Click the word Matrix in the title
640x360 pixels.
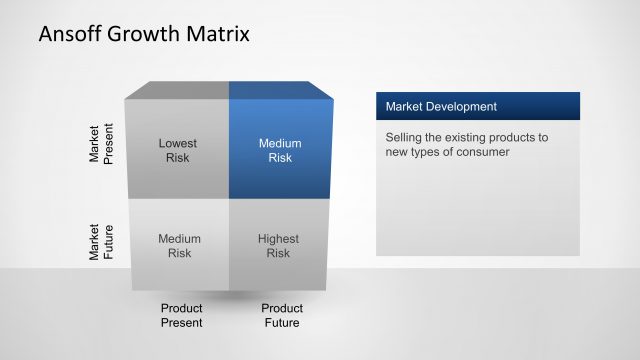point(218,35)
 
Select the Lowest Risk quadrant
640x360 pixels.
point(178,150)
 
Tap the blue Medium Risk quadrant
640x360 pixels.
point(280,150)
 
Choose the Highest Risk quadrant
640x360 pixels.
point(279,246)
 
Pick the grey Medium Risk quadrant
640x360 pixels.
point(179,246)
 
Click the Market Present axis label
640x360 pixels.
point(102,145)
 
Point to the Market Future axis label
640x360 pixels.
point(102,242)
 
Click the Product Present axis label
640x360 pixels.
point(181,315)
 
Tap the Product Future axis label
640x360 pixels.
point(282,315)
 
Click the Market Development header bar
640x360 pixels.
point(477,106)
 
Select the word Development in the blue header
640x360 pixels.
point(461,106)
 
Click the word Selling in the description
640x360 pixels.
point(404,137)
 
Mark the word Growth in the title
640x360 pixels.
point(145,35)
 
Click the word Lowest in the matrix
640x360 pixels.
point(178,143)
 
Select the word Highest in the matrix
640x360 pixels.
point(279,239)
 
